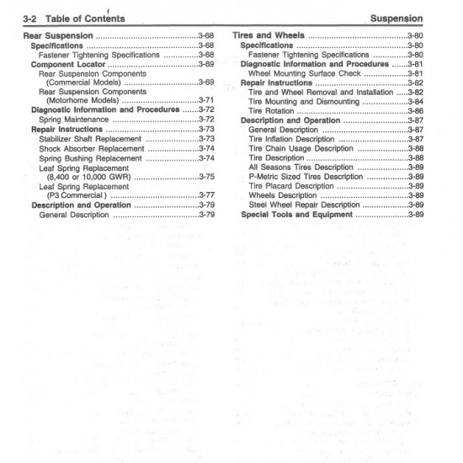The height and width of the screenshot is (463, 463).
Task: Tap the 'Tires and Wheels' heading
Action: pyautogui.click(x=268, y=36)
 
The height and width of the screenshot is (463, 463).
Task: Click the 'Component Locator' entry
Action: pyautogui.click(x=67, y=64)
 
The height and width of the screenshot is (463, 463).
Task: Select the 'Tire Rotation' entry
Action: pyautogui.click(x=272, y=111)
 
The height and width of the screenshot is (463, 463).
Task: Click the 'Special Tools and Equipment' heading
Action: pyautogui.click(x=295, y=215)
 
